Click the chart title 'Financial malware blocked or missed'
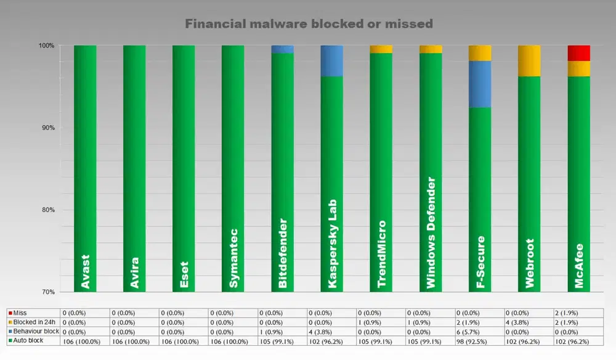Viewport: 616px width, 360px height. pyautogui.click(x=309, y=23)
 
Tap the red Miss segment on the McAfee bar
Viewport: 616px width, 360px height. pyautogui.click(x=578, y=53)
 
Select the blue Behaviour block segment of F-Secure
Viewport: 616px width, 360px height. pyautogui.click(x=480, y=84)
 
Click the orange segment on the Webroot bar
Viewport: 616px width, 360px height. pyautogui.click(x=529, y=60)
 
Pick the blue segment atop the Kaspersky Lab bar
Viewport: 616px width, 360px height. pyautogui.click(x=331, y=60)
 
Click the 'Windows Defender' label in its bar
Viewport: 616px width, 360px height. pyautogui.click(x=431, y=233)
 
